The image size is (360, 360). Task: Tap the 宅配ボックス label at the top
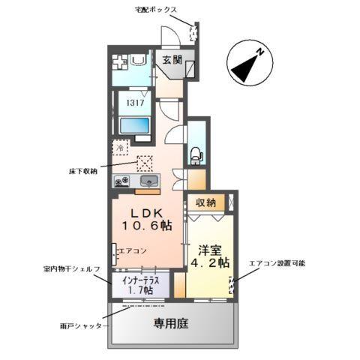(x=154, y=9)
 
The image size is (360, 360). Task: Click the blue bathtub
(x=134, y=125)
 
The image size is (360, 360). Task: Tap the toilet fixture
(x=196, y=154)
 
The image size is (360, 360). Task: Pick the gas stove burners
(x=122, y=181)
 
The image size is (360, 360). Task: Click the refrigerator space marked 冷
(x=121, y=148)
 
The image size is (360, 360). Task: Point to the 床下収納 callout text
(x=82, y=171)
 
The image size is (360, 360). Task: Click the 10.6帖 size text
(x=148, y=224)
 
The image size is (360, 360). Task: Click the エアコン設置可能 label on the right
(x=277, y=264)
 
